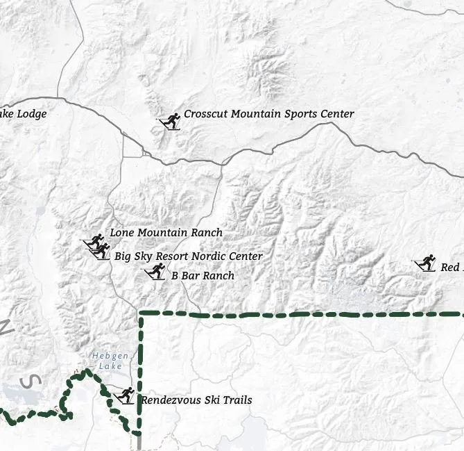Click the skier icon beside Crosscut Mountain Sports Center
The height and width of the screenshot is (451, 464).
[x=170, y=121]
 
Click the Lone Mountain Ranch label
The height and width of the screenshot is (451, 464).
[x=166, y=233]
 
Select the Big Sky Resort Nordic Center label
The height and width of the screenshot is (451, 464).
[x=188, y=256]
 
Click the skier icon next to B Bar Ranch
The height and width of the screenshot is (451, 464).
[x=155, y=271]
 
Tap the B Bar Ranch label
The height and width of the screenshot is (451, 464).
[x=203, y=276]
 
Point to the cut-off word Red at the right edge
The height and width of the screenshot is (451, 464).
[x=450, y=267]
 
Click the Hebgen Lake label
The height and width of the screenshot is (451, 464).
[x=107, y=361]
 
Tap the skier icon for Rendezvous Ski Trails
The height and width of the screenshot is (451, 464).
[x=123, y=395]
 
